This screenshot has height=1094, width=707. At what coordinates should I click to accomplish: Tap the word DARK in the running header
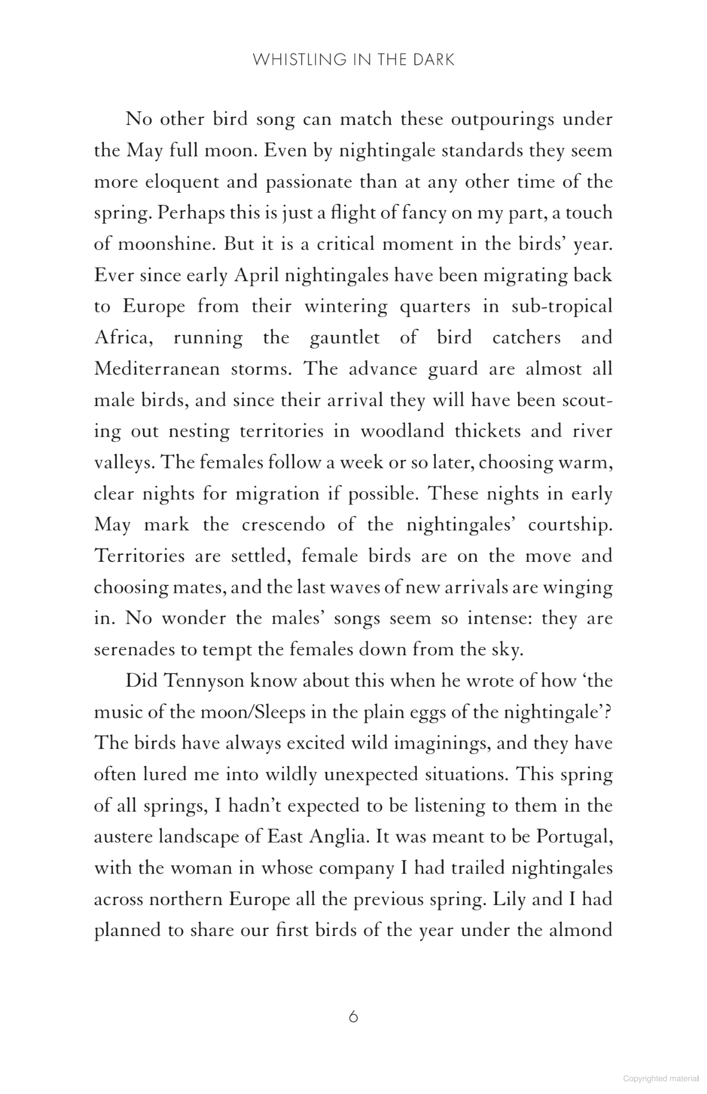tap(434, 60)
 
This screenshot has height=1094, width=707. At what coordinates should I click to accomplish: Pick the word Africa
tap(122, 337)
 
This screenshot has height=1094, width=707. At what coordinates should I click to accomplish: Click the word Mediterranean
tap(157, 369)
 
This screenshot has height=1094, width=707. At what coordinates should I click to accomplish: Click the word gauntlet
tap(345, 337)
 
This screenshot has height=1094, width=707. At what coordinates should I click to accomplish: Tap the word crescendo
tap(283, 524)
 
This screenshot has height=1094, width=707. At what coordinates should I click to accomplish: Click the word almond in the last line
tap(582, 930)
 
